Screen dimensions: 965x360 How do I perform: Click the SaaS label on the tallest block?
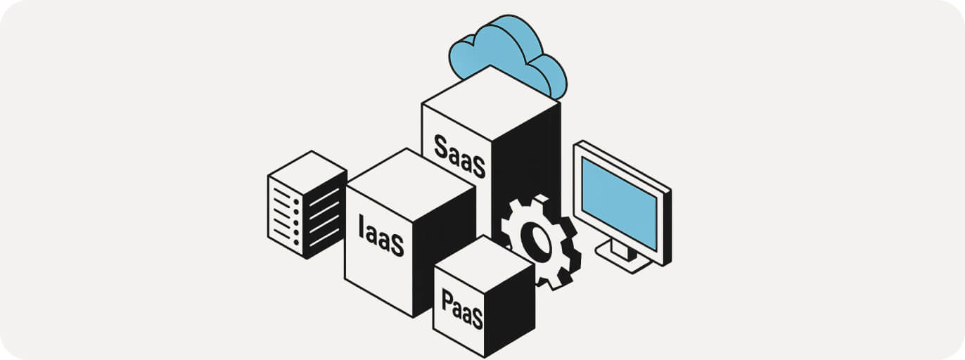[x=460, y=156]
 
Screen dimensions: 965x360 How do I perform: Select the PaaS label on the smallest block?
[x=462, y=309]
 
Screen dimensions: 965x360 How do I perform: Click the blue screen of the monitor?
[x=619, y=202]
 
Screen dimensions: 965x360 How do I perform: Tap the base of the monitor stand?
[x=624, y=257]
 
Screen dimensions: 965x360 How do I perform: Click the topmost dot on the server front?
[x=296, y=202]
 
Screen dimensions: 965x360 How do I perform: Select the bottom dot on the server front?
[x=296, y=243]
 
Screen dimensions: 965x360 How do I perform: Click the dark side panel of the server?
[x=326, y=215]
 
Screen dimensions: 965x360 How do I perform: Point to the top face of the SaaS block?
[x=491, y=103]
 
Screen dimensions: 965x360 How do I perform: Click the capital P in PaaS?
[x=447, y=300]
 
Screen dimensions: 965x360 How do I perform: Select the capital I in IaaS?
[x=361, y=226]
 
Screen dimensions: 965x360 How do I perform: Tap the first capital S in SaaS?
[x=440, y=146]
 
